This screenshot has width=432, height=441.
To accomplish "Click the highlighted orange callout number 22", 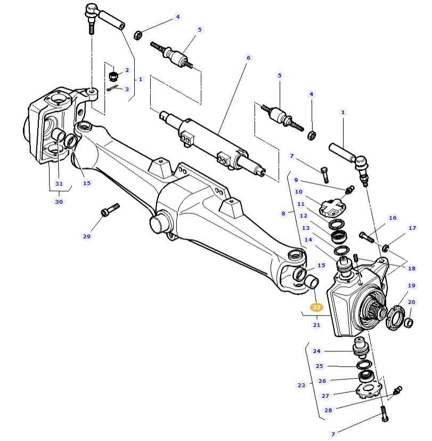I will coord(317,307).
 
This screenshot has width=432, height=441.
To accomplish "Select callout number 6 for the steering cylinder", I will coord(248,58).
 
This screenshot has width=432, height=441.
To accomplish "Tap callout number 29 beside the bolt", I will coord(87,236).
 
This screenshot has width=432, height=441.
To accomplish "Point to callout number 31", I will coord(59,183).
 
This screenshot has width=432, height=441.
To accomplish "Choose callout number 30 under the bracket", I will coord(59,202).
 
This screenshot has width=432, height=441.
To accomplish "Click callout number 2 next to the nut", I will coord(127,70).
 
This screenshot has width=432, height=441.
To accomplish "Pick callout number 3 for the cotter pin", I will coord(127,89).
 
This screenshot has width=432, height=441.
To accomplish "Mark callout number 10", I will coord(298,191).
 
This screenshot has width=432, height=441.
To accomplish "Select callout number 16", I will coord(393,218).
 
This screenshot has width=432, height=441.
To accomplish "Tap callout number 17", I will coord(412,228).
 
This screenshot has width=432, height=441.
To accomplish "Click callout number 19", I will coord(412,285).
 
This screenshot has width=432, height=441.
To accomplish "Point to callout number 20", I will coord(412,302).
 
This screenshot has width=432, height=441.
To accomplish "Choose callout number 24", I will coord(317,351).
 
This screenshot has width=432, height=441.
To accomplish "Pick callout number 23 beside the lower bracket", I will coord(301,385).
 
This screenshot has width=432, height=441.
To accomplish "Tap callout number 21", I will coord(317,325).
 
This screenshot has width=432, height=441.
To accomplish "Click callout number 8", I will coord(284,213).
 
